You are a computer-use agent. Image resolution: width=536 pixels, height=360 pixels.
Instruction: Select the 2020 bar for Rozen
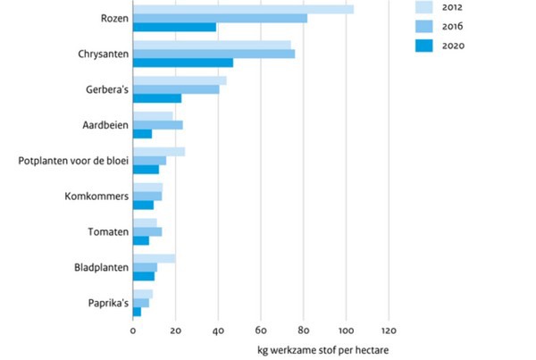coord(174,27)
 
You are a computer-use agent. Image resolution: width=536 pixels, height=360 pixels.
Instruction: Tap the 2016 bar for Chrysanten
coord(214,54)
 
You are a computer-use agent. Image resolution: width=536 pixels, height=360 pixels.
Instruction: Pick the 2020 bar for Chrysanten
coord(182,63)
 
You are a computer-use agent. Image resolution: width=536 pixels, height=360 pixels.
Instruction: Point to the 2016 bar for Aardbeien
coord(157,125)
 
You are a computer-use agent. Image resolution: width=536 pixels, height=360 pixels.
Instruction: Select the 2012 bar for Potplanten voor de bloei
coord(158,152)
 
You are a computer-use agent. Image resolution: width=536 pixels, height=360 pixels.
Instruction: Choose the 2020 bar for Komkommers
coord(143,205)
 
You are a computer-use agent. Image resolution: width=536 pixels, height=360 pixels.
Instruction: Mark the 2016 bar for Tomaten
coord(147,231)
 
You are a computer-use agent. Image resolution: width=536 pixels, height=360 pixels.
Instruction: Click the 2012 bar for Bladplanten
coord(154,258)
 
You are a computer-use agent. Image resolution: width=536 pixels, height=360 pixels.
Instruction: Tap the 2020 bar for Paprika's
coord(137,312)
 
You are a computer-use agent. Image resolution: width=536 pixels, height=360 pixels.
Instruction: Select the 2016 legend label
coord(477,27)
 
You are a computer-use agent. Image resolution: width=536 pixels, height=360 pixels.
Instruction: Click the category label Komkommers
coord(96,197)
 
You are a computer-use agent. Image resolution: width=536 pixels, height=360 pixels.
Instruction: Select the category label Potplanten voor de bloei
coord(72,161)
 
